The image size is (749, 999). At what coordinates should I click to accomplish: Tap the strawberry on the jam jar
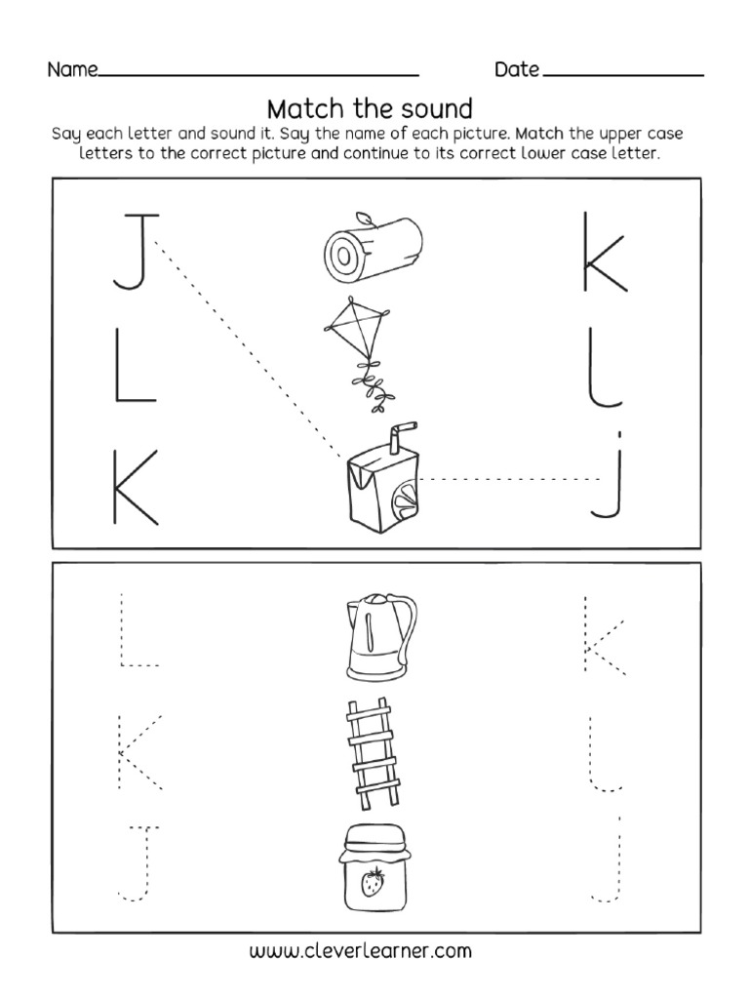pos(373,886)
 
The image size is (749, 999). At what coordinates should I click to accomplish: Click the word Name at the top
pos(72,70)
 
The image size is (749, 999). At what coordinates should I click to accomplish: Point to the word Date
pos(517,70)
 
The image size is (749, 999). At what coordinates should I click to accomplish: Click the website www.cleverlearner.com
pos(374,949)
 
